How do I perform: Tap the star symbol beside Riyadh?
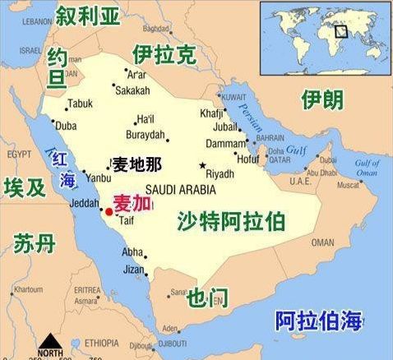pos(202,165)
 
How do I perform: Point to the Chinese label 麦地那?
pos(136,163)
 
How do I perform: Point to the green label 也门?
pos(207,297)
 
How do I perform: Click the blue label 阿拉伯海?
pos(317,321)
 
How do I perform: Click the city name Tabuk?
pos(80,104)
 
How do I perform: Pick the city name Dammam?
pos(220,143)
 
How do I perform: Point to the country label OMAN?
pos(322,242)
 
